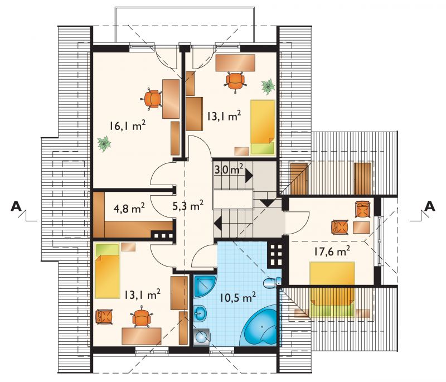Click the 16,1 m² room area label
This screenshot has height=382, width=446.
(128, 125)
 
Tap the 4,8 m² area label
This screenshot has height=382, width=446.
(129, 208)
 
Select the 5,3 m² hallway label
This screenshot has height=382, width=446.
(188, 205)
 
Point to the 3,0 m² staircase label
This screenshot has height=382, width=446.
(229, 170)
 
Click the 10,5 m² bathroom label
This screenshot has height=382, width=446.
(237, 297)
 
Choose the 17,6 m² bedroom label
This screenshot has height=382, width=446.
(332, 251)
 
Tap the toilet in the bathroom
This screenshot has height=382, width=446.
(272, 283)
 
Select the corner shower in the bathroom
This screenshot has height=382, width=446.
(205, 286)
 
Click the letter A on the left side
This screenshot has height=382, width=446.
(16, 206)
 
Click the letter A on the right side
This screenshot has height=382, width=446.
(430, 206)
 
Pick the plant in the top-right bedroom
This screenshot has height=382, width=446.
(268, 86)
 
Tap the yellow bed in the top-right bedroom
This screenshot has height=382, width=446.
(263, 128)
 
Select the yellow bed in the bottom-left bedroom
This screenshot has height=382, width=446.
(107, 270)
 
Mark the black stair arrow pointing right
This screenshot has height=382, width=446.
(249, 176)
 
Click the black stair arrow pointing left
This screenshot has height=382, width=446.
(218, 223)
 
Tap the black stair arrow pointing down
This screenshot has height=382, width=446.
(267, 203)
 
